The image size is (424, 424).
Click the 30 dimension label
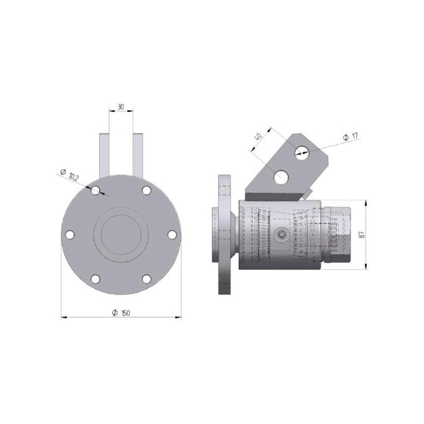click(x=121, y=107)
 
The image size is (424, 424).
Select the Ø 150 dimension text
click(x=121, y=313)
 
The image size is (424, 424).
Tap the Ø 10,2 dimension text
click(x=69, y=175)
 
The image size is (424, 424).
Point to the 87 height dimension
click(x=363, y=234)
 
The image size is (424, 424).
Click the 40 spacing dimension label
click(x=258, y=136)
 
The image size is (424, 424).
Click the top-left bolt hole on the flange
click(x=95, y=191)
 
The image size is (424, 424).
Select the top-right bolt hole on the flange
click(x=146, y=191)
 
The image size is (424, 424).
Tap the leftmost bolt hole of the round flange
click(x=70, y=235)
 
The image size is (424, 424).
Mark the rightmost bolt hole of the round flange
click(x=172, y=235)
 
